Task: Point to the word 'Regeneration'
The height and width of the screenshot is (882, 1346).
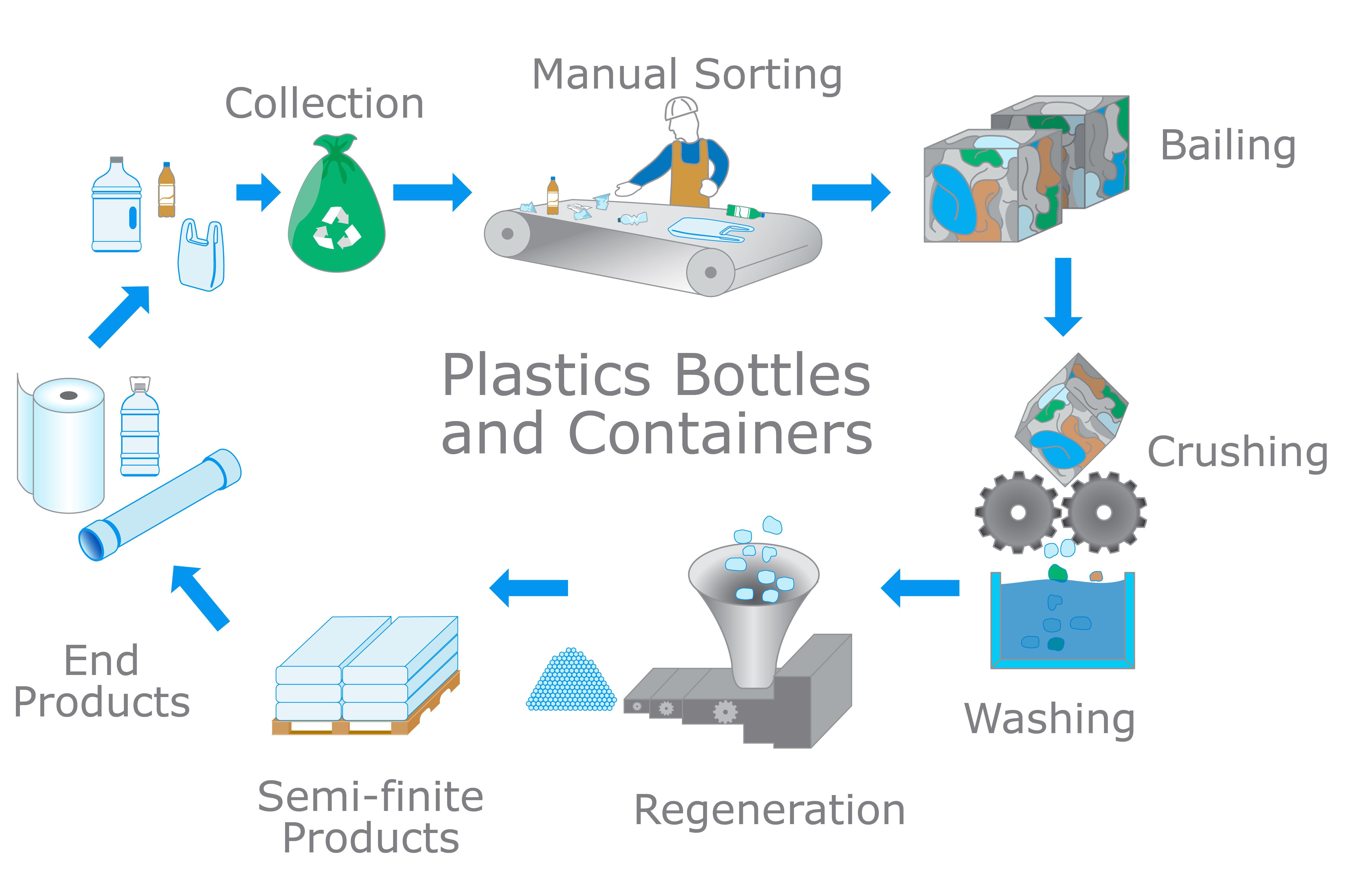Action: (769, 810)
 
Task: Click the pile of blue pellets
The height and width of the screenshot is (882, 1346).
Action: (571, 682)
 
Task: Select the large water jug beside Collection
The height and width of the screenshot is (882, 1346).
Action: (117, 206)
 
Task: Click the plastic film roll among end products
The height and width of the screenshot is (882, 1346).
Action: (65, 444)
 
